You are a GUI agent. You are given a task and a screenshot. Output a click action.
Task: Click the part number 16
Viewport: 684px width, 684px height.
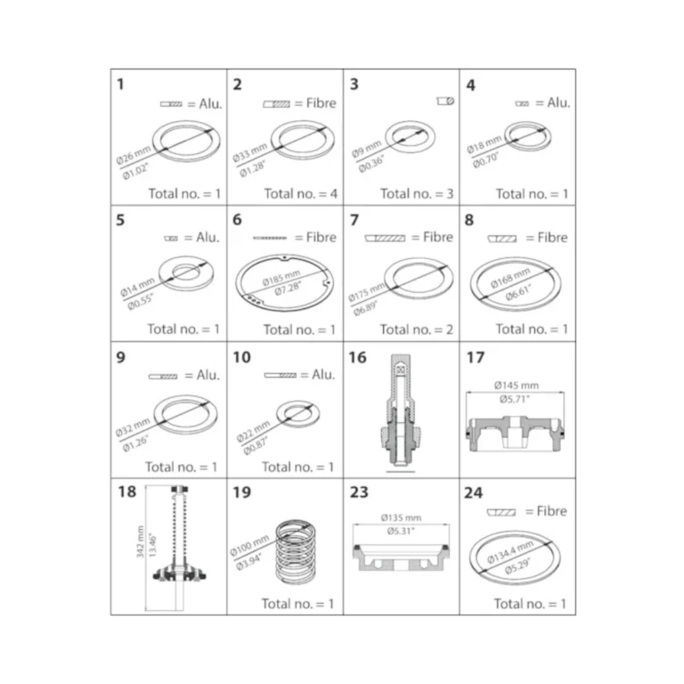click(x=357, y=358)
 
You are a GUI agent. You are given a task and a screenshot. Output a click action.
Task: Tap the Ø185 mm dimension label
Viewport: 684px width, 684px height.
click(x=281, y=278)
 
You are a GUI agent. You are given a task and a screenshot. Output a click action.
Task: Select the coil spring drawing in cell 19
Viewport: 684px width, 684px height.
click(x=296, y=552)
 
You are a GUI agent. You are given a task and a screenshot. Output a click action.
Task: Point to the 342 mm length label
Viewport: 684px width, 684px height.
click(x=140, y=541)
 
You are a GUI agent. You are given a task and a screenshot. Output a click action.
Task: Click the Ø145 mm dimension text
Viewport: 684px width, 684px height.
click(x=516, y=385)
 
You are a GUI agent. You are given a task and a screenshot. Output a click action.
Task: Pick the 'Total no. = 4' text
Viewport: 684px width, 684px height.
click(x=300, y=193)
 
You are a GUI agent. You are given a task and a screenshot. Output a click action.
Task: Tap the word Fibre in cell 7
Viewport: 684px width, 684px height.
click(x=438, y=237)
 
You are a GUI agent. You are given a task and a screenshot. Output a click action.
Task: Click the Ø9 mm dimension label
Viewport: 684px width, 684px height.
click(x=366, y=149)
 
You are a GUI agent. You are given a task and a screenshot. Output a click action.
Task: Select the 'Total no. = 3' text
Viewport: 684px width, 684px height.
click(x=417, y=193)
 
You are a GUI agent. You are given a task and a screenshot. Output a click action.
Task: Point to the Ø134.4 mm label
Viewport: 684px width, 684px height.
click(x=510, y=552)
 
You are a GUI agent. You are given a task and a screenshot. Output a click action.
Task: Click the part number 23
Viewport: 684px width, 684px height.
click(x=359, y=493)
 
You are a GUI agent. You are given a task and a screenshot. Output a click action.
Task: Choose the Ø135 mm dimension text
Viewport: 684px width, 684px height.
click(x=401, y=517)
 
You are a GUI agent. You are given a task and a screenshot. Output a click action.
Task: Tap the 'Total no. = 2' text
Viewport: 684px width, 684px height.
click(x=416, y=330)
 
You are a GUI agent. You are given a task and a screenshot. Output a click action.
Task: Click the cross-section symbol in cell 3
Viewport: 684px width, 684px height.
click(x=445, y=102)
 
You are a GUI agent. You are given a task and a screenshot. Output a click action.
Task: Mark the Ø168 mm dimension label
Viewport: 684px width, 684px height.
click(x=510, y=278)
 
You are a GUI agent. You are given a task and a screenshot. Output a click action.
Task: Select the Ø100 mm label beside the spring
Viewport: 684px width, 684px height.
click(x=249, y=545)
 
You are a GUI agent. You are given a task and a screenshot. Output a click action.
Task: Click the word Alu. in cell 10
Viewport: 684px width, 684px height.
click(x=323, y=375)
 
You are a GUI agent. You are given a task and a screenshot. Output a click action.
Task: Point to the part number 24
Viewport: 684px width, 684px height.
click(x=473, y=493)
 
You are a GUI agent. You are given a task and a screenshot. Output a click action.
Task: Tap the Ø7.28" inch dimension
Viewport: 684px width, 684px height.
click(x=288, y=288)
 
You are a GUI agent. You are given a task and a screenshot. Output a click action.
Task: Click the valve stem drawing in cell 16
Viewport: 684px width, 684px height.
click(x=401, y=413)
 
